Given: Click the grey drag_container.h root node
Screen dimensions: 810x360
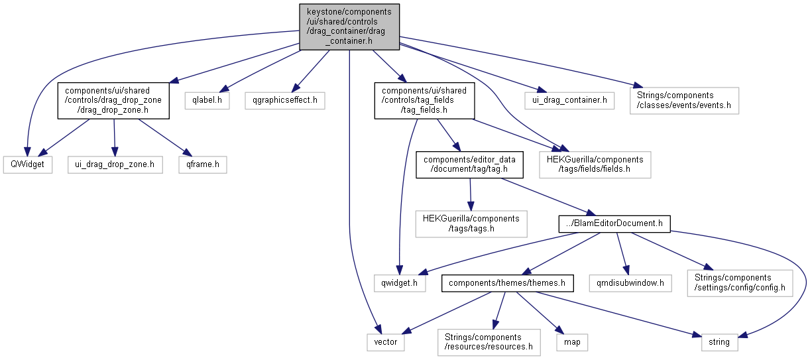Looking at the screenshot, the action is [349, 27].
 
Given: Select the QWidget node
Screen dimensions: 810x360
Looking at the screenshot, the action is [28, 164].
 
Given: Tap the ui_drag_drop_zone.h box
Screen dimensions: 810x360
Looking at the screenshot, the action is [115, 164].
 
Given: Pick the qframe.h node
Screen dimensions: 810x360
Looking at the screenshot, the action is [203, 164].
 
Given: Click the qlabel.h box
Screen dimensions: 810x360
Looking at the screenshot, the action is [207, 101].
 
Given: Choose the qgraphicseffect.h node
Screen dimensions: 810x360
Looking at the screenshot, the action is [285, 101].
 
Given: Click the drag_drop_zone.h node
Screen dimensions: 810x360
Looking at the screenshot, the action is [113, 101].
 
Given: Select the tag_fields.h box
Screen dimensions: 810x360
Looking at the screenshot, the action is [424, 101].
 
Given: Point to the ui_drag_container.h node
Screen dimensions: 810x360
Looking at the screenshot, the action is [569, 101].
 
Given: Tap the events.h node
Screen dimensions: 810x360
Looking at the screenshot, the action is [684, 101].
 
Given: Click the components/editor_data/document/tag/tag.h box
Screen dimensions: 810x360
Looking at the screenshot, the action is [469, 164].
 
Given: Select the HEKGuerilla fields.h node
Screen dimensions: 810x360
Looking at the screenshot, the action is [595, 164].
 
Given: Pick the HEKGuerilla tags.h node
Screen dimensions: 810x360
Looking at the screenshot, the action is [471, 224].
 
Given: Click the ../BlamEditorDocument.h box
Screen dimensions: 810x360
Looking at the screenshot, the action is [614, 224].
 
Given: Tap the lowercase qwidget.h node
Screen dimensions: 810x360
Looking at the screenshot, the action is [400, 283].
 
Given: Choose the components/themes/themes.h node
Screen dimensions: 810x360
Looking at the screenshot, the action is [507, 283].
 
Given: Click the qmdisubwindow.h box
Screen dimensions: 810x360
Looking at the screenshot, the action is [630, 283].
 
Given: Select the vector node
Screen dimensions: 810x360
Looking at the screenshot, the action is [386, 342].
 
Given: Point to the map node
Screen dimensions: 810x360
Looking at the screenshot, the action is [572, 342].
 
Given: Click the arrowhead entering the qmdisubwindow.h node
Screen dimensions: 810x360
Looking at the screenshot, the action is [626, 270].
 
